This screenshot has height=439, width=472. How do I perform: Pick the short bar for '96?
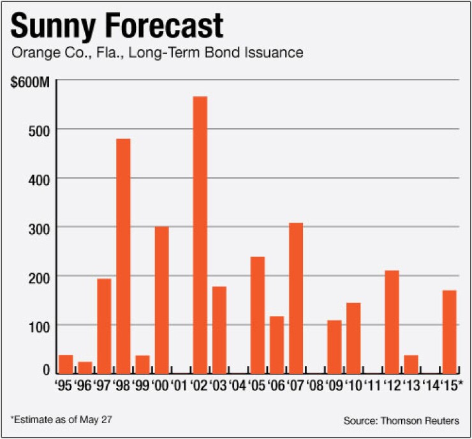(85, 368)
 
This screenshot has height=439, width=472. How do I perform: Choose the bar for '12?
(392, 322)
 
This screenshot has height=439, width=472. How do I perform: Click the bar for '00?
(161, 300)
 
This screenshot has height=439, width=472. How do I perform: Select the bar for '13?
(411, 364)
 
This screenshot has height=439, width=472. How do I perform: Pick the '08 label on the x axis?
(314, 385)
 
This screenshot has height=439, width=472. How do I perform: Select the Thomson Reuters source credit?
(403, 421)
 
